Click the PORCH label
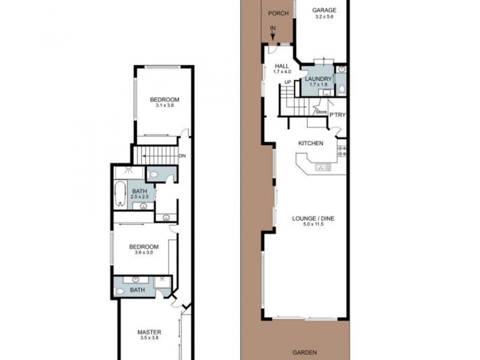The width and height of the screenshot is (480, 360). pos(278,13)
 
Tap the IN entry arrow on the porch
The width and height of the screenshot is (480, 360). pos(273,33)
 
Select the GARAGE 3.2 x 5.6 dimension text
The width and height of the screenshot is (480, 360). pos(324,17)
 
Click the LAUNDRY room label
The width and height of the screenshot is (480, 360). pos(318,79)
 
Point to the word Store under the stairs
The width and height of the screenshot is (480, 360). pos(321,112)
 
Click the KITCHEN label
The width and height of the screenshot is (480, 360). pos(311,143)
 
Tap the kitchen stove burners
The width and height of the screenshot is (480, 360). pos(342,151)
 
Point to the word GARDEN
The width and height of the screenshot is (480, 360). pos(305,353)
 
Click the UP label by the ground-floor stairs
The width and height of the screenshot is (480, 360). pos(288,82)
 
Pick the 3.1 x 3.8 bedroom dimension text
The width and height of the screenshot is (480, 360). pos(164,106)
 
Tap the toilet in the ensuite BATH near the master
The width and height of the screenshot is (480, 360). pos(120,291)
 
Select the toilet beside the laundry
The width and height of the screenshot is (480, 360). pos(341,91)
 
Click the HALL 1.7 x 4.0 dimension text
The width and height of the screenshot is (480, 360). pos(282,72)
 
